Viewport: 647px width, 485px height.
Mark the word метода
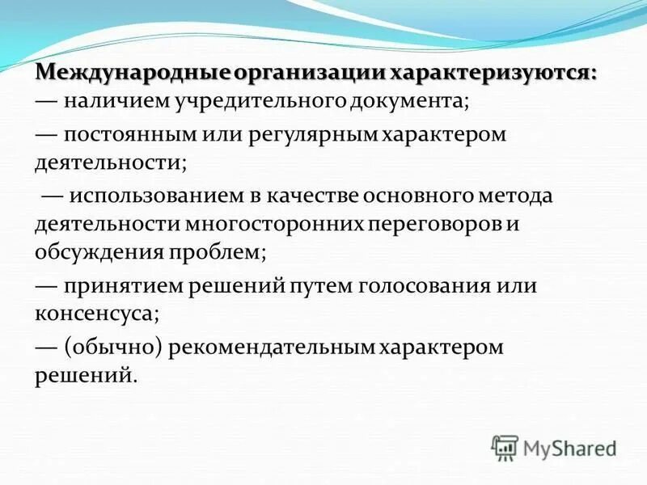coord(514,196)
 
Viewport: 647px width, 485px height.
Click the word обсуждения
coord(98,251)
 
